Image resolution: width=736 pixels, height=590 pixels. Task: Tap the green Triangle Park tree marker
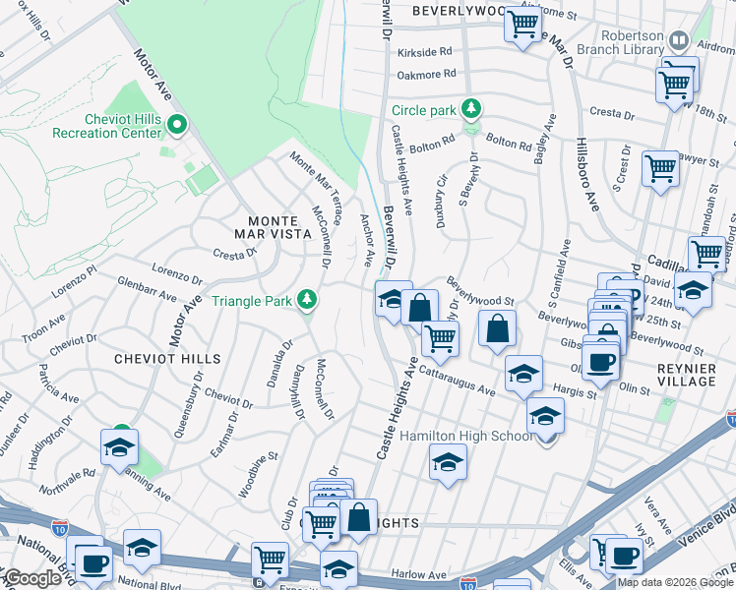click(x=308, y=299)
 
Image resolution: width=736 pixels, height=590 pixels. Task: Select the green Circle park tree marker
click(x=471, y=108)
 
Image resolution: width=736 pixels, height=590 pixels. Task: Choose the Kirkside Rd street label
click(x=424, y=51)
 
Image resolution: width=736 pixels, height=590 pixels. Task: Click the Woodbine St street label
click(x=260, y=471)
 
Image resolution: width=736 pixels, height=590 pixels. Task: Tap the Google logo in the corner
click(x=32, y=578)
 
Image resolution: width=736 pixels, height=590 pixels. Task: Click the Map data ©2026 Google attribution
click(x=675, y=582)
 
